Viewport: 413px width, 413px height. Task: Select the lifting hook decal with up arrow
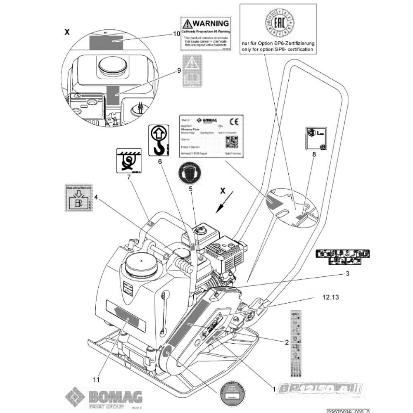pos(159,141)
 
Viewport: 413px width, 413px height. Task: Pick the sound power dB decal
pos(313,138)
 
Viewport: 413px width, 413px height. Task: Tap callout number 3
pos(347,273)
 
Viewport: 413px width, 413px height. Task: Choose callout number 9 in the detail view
pos(179,71)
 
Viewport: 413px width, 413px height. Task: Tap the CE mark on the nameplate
pos(233,121)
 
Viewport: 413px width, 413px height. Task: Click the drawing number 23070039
pos(348,411)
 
